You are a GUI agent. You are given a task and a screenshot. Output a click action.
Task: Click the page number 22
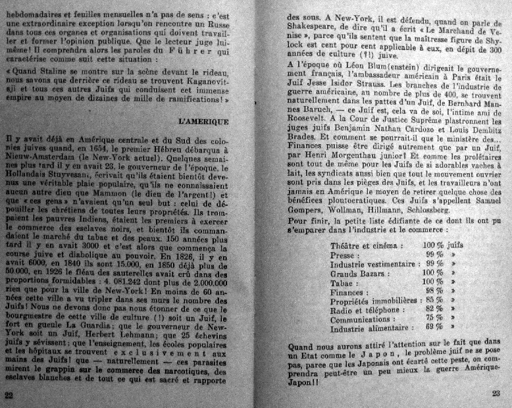click(9, 394)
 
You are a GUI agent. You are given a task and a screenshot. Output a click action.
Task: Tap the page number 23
click(496, 394)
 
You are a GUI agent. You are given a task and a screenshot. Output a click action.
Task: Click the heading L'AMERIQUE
click(203, 122)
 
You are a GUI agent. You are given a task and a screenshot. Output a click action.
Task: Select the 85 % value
click(434, 299)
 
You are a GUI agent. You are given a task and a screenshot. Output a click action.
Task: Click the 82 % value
click(434, 309)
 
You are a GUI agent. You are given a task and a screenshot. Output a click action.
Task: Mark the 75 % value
click(434, 318)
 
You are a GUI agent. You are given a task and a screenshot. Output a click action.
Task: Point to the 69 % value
click(434, 327)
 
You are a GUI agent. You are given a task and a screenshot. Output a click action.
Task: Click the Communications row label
click(365, 318)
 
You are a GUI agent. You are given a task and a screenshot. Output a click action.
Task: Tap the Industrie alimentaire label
click(369, 327)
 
